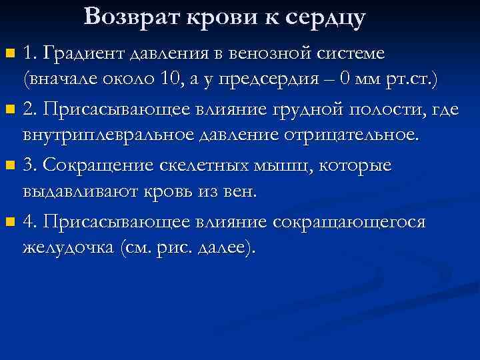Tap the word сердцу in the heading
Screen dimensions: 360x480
click(327, 19)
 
